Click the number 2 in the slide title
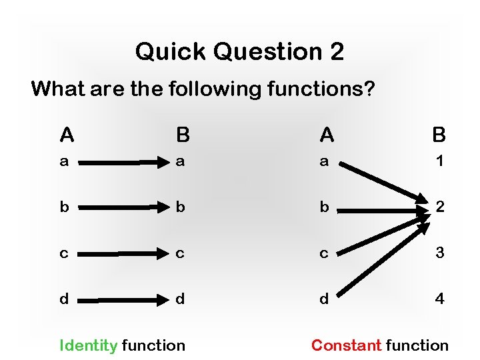336,51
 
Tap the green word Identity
89,345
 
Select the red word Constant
346,345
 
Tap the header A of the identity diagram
67,135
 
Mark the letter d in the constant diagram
324,299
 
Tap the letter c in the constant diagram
324,254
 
